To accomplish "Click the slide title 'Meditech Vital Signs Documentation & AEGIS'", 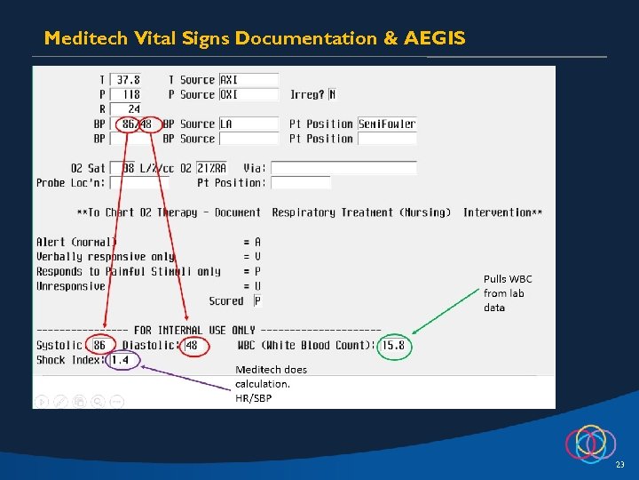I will (254, 38).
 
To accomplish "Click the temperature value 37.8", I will (129, 80).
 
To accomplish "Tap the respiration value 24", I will (132, 109).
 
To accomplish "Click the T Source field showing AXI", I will (248, 80).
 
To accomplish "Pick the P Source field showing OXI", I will (248, 94).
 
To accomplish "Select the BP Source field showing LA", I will (248, 124).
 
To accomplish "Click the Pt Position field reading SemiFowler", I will (386, 124).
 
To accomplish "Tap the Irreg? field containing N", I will (332, 94).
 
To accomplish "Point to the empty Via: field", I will (343, 168).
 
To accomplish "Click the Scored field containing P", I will (257, 301).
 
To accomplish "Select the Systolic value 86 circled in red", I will (99, 345).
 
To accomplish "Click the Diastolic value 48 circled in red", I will (192, 345).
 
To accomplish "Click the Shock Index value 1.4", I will (120, 360).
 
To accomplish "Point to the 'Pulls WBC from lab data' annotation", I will (508, 292).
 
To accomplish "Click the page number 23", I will (619, 465).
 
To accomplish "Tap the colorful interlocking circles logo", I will (590, 442).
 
